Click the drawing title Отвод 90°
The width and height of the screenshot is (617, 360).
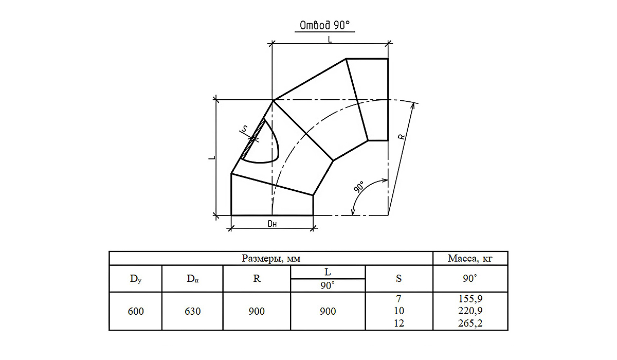324,25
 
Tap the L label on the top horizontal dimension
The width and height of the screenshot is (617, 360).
330,40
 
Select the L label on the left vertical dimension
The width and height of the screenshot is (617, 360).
212,157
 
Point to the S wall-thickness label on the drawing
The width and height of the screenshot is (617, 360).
245,129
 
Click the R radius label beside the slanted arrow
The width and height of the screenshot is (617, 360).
402,136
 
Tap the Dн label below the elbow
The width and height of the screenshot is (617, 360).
272,224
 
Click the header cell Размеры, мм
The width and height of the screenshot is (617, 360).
271,258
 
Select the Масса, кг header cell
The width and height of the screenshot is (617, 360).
470,258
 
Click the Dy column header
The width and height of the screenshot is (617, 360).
136,279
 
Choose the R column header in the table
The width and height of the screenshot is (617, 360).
257,278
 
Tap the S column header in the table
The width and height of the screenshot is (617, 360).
399,278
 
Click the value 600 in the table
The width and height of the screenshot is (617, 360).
136,311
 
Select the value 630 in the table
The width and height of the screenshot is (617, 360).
192,311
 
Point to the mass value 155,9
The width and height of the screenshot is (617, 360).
470,299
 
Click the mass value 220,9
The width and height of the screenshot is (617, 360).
470,311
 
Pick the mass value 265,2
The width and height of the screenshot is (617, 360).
470,323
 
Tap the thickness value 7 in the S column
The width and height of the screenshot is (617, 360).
399,299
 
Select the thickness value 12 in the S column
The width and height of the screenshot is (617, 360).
399,323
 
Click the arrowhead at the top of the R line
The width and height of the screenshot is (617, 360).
412,106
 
